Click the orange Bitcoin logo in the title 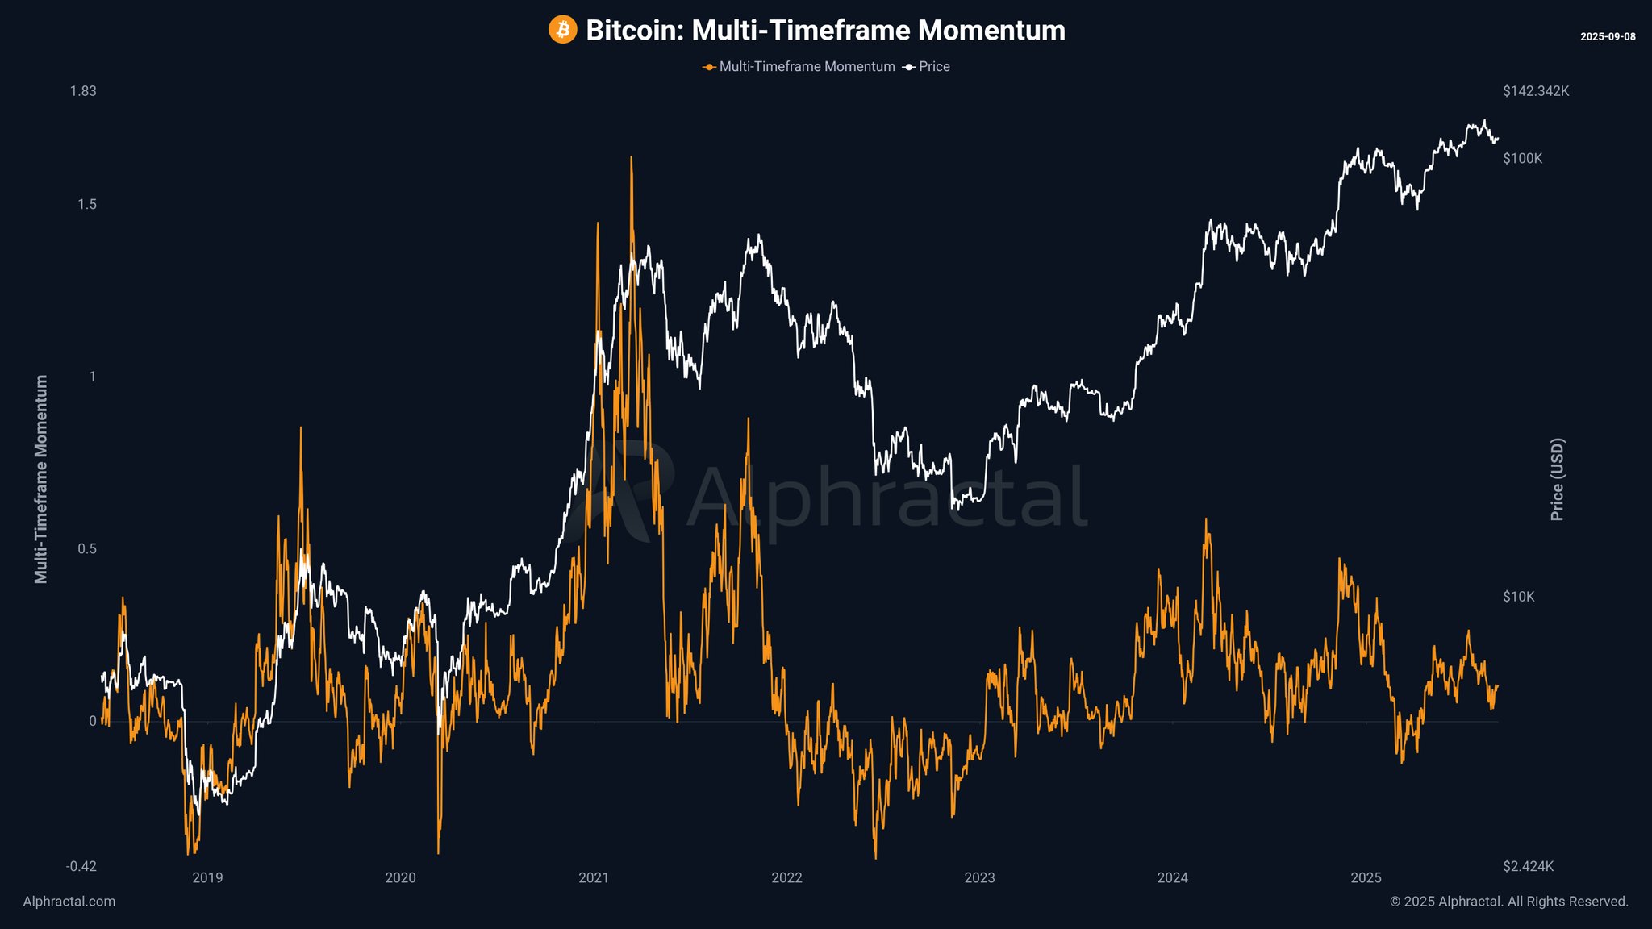tap(562, 31)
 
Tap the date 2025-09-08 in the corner tap(1608, 36)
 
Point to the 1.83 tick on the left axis tap(83, 91)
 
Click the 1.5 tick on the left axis tap(86, 205)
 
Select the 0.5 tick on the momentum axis tap(86, 549)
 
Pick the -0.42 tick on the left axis tap(81, 866)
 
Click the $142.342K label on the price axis tap(1536, 91)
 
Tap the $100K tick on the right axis tap(1522, 159)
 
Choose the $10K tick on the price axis tap(1518, 597)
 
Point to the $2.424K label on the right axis tap(1528, 866)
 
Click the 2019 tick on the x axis tap(207, 877)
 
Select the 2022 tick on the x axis tap(786, 877)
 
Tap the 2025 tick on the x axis tap(1366, 877)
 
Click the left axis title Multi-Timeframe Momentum tap(41, 479)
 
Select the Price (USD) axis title tap(1557, 479)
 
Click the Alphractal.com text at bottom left tap(69, 902)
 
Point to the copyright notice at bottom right tap(1508, 902)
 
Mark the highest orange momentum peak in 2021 tap(631, 158)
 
